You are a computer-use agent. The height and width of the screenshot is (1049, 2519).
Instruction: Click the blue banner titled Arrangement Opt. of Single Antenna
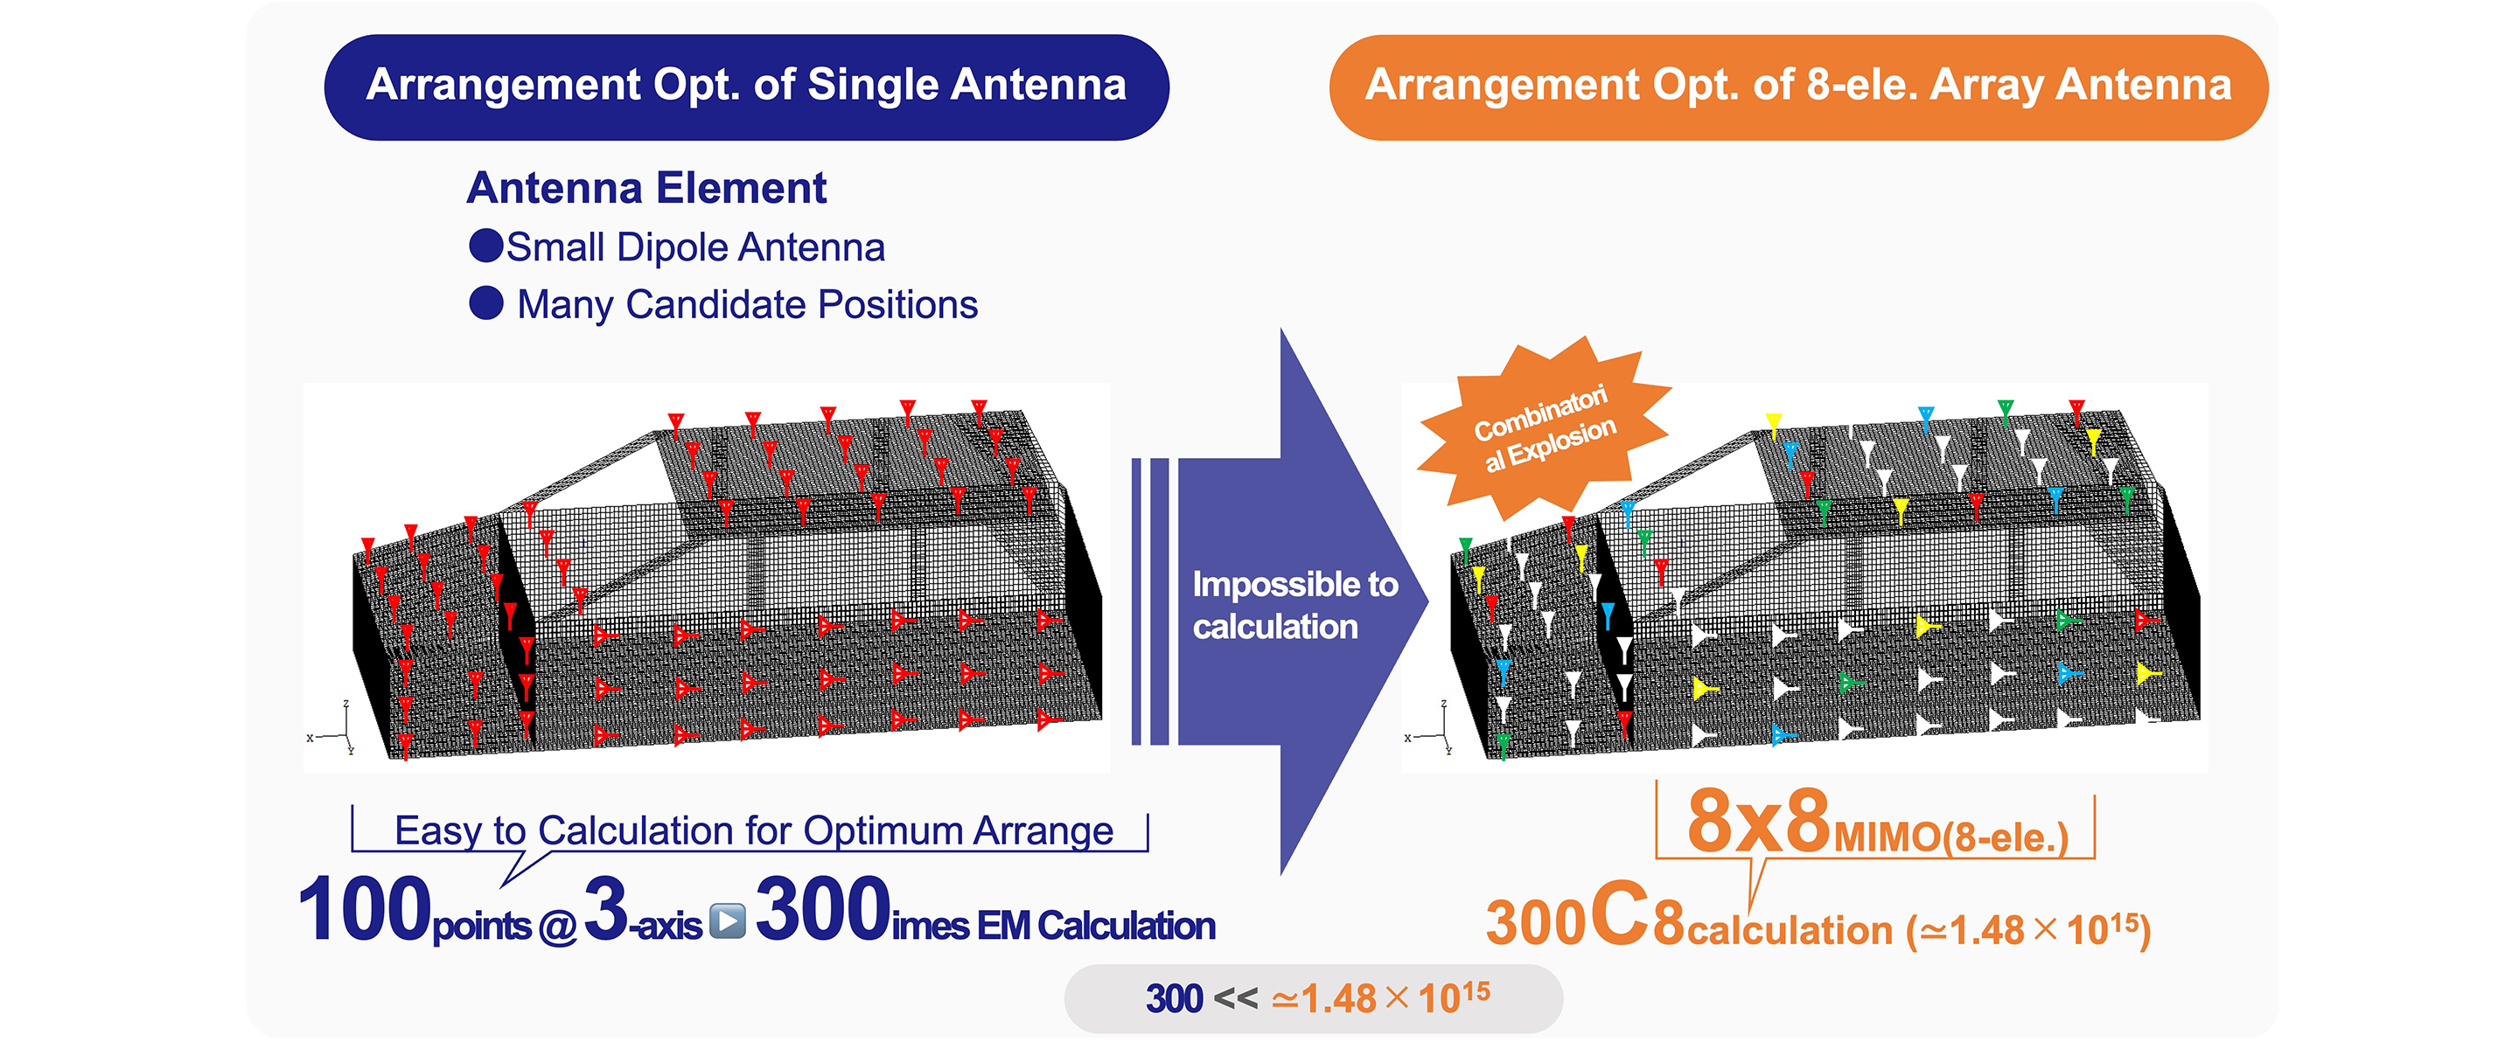[746, 86]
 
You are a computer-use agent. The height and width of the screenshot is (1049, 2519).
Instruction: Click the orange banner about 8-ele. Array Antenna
[1797, 86]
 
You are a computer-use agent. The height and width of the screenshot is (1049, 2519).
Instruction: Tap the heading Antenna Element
[646, 188]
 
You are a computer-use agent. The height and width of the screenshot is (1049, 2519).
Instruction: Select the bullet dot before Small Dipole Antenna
[486, 246]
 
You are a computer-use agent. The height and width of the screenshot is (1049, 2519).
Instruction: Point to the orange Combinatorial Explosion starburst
[1543, 430]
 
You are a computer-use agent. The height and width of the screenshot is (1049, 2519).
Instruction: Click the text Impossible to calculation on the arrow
[1293, 605]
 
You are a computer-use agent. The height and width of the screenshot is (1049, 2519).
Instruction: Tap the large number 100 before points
[364, 910]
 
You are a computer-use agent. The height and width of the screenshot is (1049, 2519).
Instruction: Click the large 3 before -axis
[605, 910]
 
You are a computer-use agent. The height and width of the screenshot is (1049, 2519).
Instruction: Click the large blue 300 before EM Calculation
[822, 910]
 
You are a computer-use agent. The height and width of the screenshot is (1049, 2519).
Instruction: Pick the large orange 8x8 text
[1757, 823]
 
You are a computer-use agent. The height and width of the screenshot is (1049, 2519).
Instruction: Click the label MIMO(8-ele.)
[1950, 837]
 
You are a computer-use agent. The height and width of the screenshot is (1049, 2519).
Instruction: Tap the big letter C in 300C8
[1619, 916]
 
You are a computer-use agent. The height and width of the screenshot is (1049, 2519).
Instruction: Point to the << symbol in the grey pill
[1235, 998]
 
